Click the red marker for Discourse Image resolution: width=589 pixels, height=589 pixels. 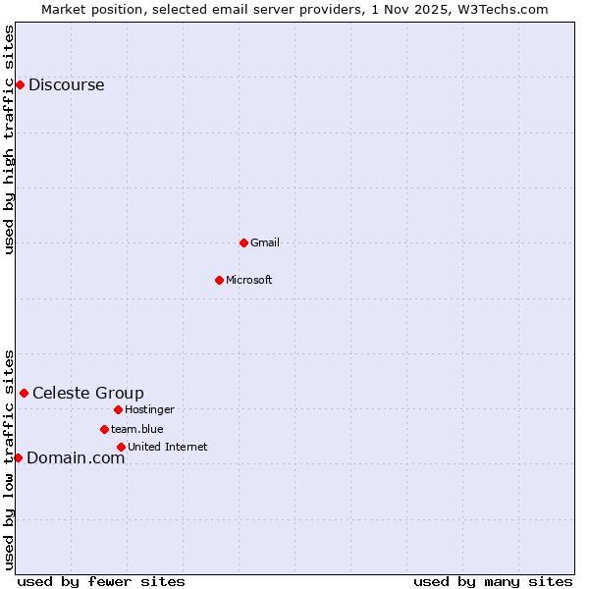pos(20,84)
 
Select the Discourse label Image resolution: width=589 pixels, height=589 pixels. pos(66,84)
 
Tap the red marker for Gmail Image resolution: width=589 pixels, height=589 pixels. pos(243,242)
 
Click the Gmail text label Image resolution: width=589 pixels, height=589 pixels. pos(265,242)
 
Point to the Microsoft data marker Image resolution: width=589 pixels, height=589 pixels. pos(219,280)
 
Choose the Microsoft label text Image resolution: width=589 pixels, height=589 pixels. pos(249,280)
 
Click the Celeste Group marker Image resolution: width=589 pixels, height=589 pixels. pos(24,393)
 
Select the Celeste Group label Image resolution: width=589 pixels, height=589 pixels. pos(88,393)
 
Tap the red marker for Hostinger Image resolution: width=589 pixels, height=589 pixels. pos(118,409)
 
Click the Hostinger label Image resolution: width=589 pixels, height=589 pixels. pos(149,409)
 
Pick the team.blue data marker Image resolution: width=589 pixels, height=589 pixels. pos(104,429)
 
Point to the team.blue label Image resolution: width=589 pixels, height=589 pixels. pos(137,429)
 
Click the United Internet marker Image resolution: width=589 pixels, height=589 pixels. pos(121,447)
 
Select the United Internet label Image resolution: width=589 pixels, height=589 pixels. pos(168,447)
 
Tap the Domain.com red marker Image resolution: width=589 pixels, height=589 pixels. pos(18,457)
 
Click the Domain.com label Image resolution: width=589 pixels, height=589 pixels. pos(76,457)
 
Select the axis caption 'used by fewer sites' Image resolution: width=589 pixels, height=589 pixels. pos(101,581)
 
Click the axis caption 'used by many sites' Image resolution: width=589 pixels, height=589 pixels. pos(493,581)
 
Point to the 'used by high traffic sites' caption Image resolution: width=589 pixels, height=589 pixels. pos(9,139)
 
